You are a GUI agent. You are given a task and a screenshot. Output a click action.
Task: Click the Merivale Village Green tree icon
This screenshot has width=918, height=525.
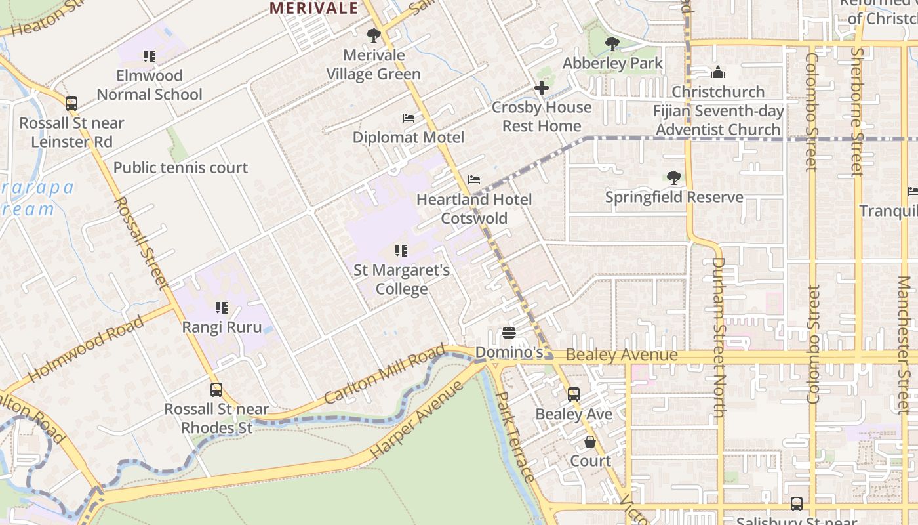pos(374,35)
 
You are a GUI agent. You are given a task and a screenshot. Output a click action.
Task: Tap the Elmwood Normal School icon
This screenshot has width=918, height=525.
pos(150,56)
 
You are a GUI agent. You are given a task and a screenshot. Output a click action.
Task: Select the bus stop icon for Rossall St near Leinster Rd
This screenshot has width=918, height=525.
pos(71,104)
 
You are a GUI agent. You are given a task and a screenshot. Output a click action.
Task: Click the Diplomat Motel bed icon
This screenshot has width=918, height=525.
pos(409,118)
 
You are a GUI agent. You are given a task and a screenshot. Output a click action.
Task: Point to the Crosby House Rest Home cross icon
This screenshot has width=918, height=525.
pos(542,88)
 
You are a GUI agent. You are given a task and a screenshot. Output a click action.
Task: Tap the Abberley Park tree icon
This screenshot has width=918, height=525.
pos(612,44)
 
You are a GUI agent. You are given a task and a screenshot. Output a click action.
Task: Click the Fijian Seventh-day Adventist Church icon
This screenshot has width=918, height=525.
pos(718,72)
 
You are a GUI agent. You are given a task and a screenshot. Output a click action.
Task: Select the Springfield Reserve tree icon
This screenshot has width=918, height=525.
pos(673,178)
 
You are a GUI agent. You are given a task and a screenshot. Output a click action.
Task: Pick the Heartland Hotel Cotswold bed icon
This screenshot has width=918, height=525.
pos(474,180)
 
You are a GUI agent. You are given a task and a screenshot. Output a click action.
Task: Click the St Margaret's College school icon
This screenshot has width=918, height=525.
pos(401,251)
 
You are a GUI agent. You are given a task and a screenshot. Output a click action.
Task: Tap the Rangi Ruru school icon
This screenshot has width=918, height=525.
pos(222,307)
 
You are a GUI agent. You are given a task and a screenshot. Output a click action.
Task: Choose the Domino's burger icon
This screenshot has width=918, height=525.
pos(509,333)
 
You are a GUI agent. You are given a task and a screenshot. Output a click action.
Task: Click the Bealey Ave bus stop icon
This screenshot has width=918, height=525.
pos(574,394)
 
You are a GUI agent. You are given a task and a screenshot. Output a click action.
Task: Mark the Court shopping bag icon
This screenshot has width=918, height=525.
pos(590,442)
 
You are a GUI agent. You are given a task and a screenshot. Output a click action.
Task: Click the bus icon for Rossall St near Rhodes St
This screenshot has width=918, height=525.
pos(216,390)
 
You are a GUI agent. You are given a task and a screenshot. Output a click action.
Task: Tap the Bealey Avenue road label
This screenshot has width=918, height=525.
pos(621,356)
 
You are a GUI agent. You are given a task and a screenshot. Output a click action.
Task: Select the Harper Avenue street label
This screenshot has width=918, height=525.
pos(417,420)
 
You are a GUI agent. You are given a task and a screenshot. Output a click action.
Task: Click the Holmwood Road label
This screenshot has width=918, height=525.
pos(86,348)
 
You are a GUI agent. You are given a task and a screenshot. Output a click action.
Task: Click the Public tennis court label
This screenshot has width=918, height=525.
pos(180,168)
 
